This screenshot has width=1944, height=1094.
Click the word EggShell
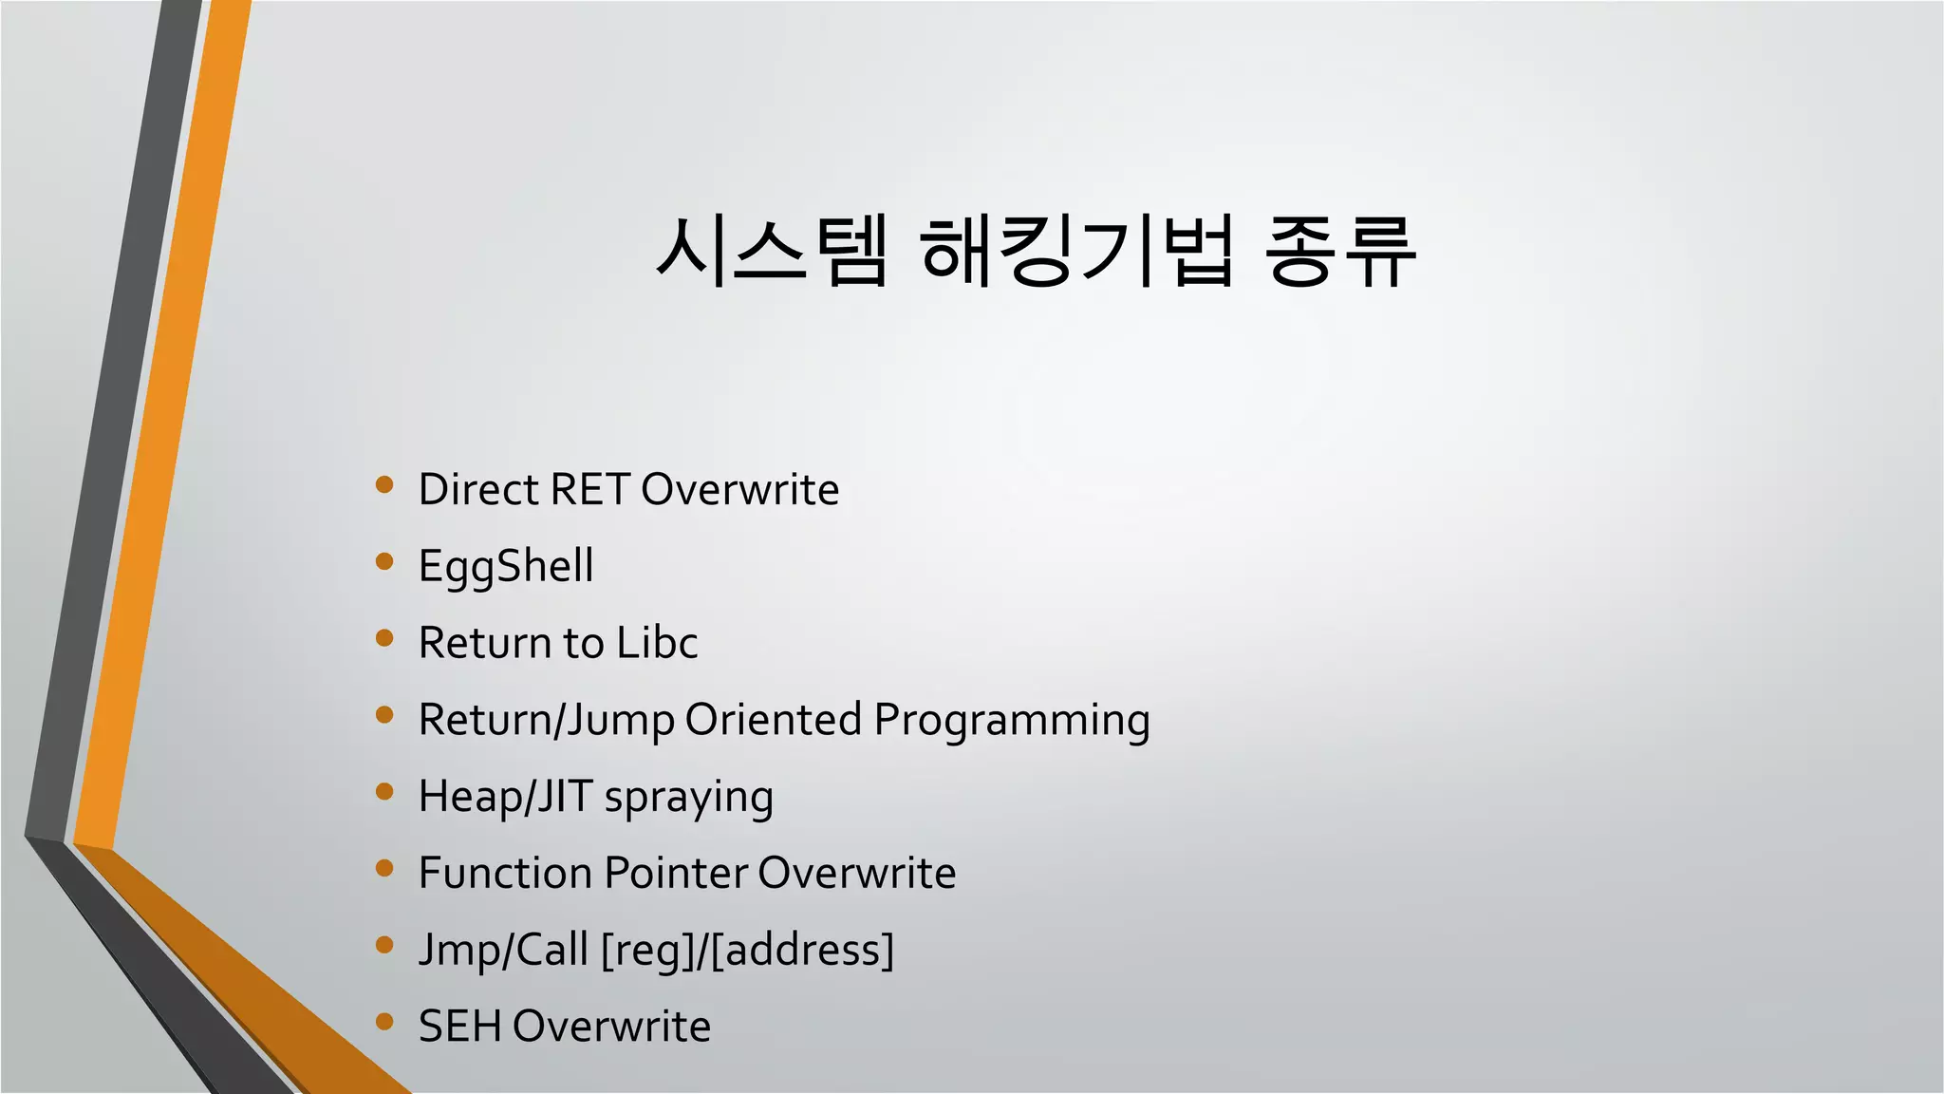pos(506,567)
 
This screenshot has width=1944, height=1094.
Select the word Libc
pos(657,643)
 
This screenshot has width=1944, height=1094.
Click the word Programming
pos(1012,721)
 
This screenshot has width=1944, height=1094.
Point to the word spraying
pos(688,798)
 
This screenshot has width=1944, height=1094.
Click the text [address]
pos(802,951)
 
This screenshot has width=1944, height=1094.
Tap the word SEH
pos(458,1027)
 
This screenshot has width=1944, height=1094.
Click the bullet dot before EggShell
pos(384,561)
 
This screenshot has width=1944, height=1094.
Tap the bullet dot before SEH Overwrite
pos(384,1022)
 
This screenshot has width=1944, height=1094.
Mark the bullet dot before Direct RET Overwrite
pos(384,484)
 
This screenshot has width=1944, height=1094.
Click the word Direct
pos(478,490)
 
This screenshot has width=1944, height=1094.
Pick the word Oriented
pos(773,720)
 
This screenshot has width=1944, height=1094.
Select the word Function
pos(505,874)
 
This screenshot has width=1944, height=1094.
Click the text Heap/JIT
pos(505,798)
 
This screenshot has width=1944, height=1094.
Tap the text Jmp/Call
pos(503,951)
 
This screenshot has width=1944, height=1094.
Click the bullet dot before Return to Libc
pos(384,638)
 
